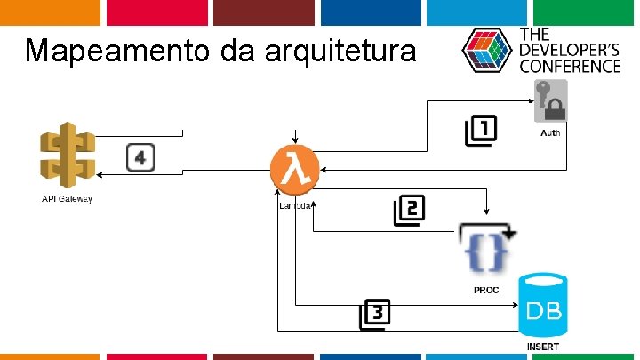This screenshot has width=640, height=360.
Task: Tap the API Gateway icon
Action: point(67,155)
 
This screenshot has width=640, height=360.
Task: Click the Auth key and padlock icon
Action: point(551,100)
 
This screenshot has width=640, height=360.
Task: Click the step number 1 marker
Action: point(481,131)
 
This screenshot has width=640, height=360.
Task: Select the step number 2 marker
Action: point(410,211)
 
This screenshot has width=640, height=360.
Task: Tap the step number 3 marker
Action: point(375,313)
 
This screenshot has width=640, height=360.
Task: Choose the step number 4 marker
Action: point(140,158)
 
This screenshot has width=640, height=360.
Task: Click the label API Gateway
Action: point(68,198)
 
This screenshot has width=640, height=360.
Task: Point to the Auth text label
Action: point(551,132)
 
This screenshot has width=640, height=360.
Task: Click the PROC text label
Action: point(485,290)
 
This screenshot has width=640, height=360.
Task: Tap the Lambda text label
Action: point(294,205)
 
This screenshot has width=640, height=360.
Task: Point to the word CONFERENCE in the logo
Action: point(570,66)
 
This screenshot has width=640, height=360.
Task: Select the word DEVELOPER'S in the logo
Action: point(570,50)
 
